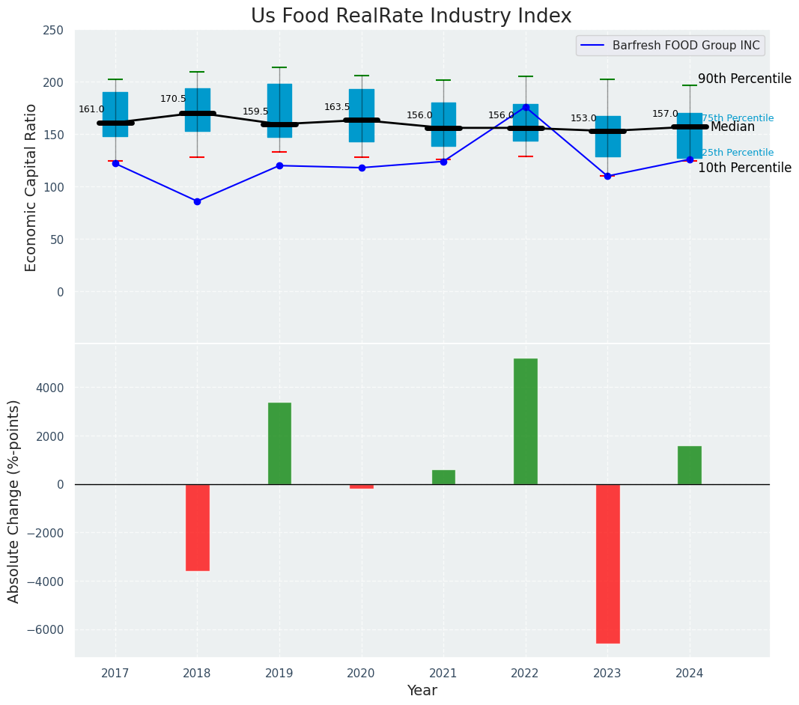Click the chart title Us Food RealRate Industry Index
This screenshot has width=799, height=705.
411,16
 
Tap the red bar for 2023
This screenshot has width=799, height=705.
607,564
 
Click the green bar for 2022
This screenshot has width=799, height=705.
526,421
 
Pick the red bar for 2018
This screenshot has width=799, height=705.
198,528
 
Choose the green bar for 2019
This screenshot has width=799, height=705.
279,444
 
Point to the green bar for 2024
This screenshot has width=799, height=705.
690,466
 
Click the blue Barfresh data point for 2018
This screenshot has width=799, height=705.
197,201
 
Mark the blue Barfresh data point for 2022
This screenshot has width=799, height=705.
526,107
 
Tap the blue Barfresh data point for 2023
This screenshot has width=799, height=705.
607,176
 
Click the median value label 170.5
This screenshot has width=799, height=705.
173,99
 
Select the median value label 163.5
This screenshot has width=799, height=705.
337,107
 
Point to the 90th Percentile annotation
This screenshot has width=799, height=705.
744,79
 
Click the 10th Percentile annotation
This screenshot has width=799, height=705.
744,168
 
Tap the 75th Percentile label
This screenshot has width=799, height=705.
738,118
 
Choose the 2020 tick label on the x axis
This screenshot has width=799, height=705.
362,674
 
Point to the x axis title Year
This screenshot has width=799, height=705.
422,691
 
